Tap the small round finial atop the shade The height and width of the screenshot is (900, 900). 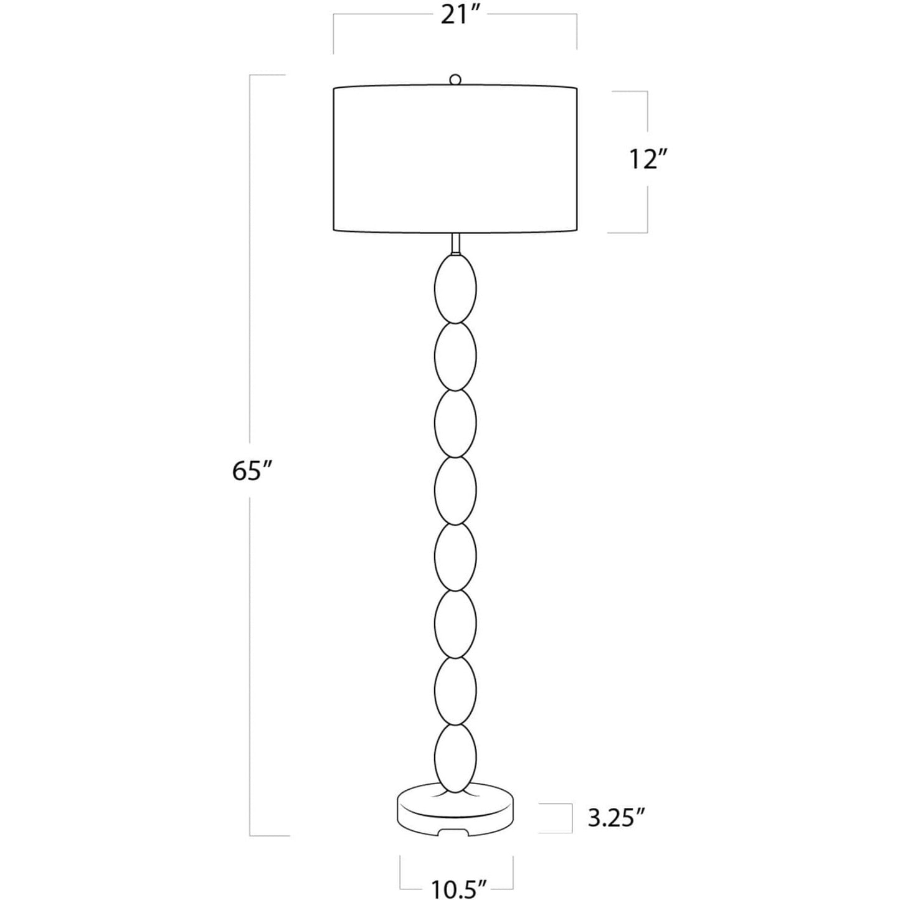click(x=456, y=80)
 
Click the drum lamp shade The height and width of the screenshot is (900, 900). click(x=455, y=159)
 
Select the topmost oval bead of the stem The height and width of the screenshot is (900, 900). click(x=455, y=288)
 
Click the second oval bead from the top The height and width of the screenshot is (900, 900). click(x=455, y=356)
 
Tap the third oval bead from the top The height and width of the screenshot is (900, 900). click(x=455, y=423)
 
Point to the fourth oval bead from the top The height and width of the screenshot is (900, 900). click(x=455, y=490)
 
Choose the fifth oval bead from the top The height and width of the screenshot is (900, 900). click(x=455, y=556)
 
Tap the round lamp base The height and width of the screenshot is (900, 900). click(x=455, y=813)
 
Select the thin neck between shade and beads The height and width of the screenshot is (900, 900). click(x=455, y=243)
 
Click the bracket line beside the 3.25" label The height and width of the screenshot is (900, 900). click(x=571, y=818)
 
